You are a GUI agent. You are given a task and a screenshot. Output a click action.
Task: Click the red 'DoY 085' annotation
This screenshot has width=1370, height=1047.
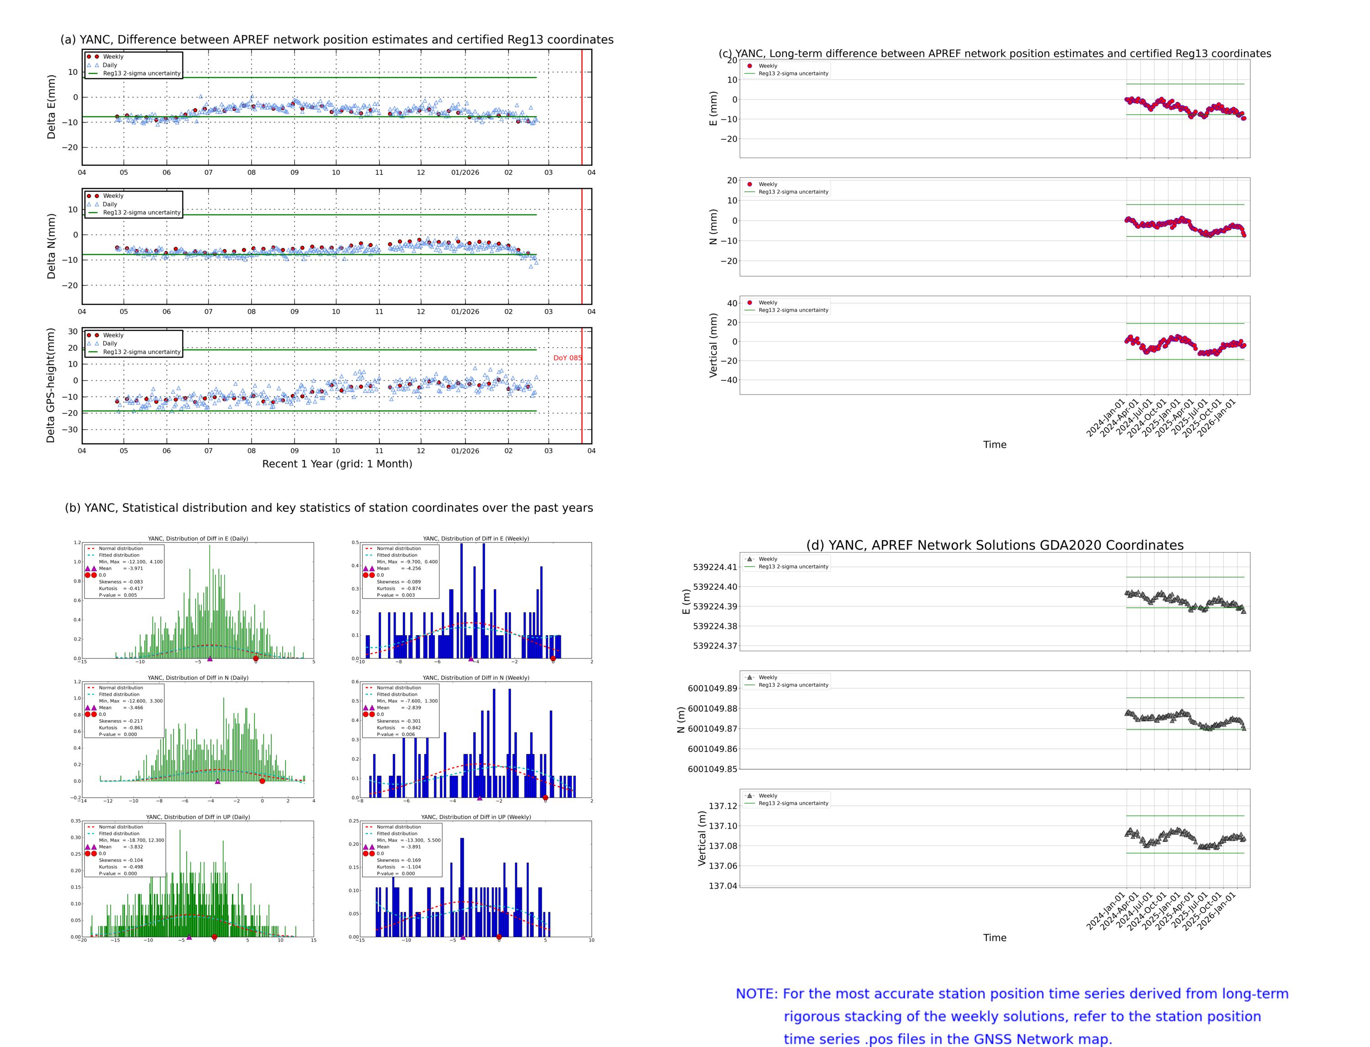tap(567, 358)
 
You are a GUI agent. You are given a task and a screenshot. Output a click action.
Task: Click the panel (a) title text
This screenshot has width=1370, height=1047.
tap(337, 40)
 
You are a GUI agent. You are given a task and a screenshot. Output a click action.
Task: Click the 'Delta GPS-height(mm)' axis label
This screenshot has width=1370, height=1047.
tap(51, 385)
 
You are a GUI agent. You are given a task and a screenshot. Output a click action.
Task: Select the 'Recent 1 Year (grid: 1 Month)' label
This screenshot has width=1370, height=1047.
tap(337, 463)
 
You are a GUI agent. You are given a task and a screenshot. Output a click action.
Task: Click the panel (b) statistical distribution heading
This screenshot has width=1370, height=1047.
tap(328, 508)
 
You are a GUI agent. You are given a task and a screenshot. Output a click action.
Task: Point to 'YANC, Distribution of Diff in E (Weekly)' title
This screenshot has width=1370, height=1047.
tap(475, 538)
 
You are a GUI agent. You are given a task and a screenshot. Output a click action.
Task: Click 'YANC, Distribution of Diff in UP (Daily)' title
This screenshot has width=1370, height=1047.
tap(198, 817)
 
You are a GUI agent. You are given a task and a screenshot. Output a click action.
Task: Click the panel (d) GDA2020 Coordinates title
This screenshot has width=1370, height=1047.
tap(994, 545)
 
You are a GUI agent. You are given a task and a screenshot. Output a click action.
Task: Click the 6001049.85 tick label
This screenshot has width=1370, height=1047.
tap(712, 769)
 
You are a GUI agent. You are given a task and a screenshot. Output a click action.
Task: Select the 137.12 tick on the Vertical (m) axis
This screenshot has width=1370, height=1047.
tap(722, 806)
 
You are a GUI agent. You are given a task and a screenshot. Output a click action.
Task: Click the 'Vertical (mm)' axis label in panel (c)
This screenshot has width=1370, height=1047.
tap(713, 345)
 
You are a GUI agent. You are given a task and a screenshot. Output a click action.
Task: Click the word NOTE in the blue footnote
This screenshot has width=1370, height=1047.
tap(756, 994)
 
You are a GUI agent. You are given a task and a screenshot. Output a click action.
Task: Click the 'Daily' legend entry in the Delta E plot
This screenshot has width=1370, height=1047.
tap(110, 65)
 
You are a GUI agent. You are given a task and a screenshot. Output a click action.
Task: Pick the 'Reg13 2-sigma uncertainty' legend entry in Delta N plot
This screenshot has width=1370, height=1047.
tap(142, 212)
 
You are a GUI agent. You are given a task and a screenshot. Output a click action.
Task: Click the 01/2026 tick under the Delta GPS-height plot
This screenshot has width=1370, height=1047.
tap(465, 451)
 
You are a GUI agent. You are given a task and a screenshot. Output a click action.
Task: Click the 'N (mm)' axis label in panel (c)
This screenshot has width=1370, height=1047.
tap(713, 227)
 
